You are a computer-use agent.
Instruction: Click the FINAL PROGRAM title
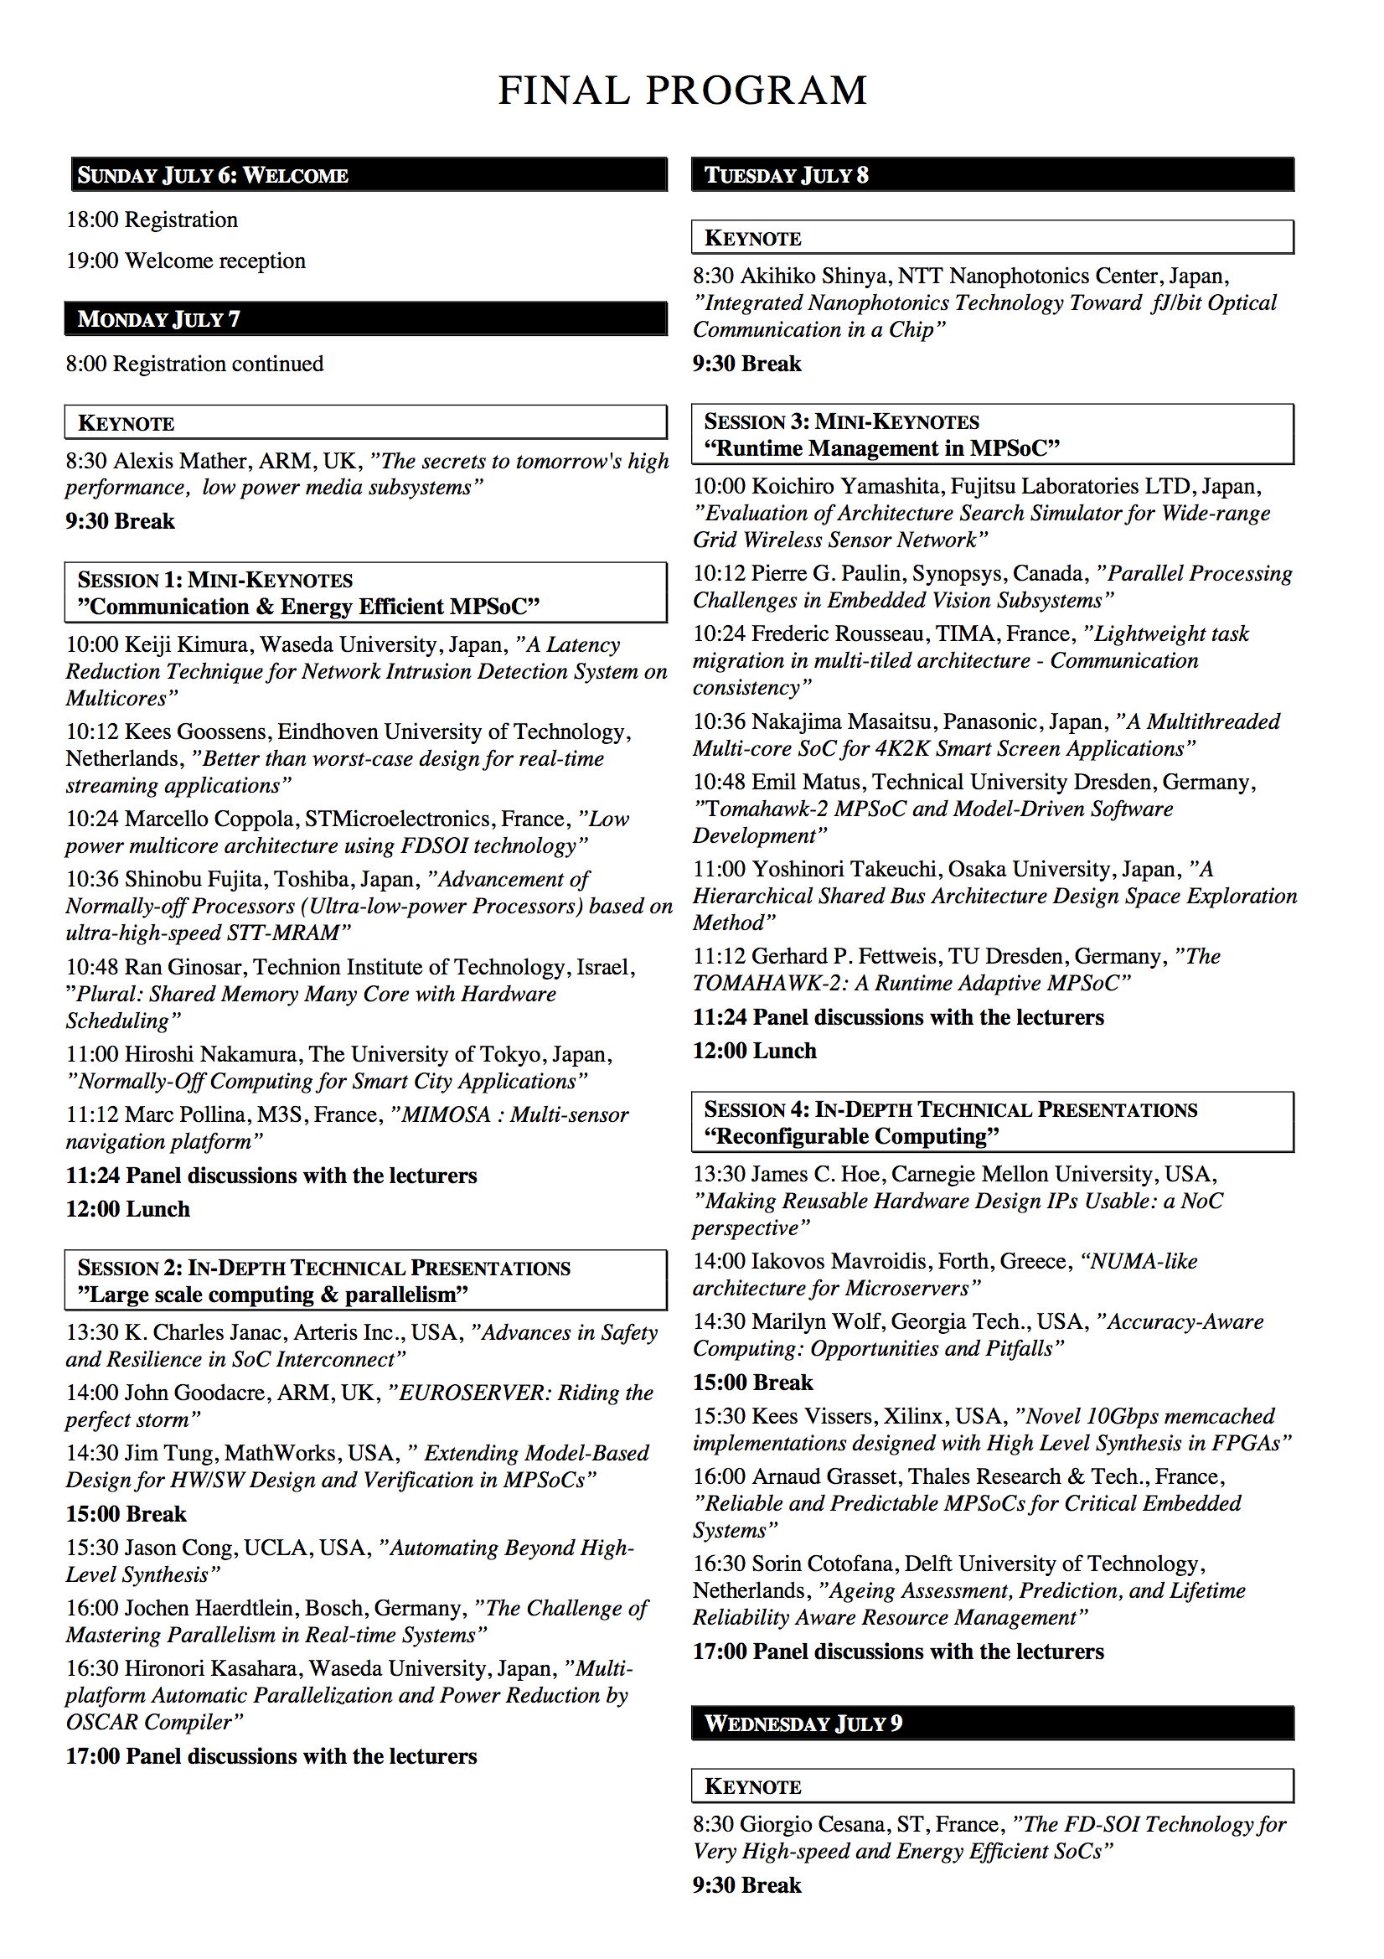[x=683, y=90]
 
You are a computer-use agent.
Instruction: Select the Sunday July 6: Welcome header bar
[x=367, y=175]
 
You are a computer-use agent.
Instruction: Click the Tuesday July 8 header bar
[x=993, y=175]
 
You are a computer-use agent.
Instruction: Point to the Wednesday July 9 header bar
[x=993, y=1724]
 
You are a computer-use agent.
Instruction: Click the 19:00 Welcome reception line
[x=186, y=261]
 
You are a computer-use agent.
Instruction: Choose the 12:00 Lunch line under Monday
[x=128, y=1209]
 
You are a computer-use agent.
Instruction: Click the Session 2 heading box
[x=365, y=1280]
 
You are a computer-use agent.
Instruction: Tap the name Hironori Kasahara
[x=213, y=1669]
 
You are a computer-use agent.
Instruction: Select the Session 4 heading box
[x=993, y=1122]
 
